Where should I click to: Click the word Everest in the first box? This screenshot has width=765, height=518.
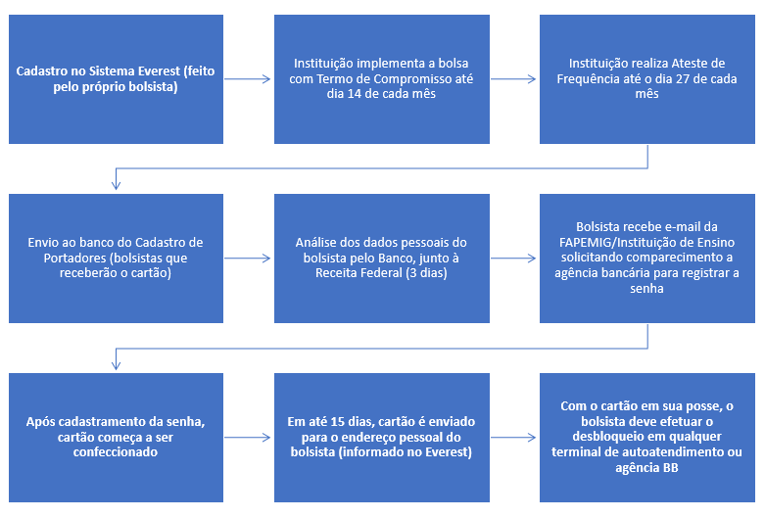(159, 71)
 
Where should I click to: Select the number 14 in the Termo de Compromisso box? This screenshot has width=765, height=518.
(354, 94)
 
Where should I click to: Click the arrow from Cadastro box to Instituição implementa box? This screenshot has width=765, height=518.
(248, 79)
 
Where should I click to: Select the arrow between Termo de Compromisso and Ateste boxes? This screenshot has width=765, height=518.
(513, 79)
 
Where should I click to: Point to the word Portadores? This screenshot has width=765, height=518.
(73, 258)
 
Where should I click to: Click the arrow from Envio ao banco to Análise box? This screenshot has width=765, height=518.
(248, 259)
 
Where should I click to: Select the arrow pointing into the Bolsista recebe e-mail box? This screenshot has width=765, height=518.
(513, 259)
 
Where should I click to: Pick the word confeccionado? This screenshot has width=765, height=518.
(116, 452)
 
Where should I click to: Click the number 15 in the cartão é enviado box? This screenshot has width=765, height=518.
(338, 421)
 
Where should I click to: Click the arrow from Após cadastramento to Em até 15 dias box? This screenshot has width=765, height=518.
(248, 438)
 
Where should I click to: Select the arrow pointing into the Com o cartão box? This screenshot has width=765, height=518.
(513, 438)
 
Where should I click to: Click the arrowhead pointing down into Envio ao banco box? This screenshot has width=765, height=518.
(117, 185)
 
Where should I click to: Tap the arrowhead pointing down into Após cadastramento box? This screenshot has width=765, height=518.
(117, 365)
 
